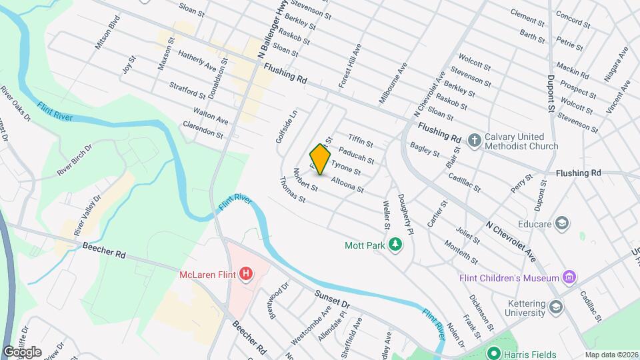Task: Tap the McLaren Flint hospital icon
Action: tap(247, 273)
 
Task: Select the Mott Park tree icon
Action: tap(395, 245)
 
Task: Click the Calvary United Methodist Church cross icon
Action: tap(474, 140)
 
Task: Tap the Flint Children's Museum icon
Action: tap(569, 277)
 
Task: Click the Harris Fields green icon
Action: tap(494, 353)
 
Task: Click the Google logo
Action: tap(22, 352)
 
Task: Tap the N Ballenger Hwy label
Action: tap(252, 34)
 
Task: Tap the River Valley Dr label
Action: tap(88, 215)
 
